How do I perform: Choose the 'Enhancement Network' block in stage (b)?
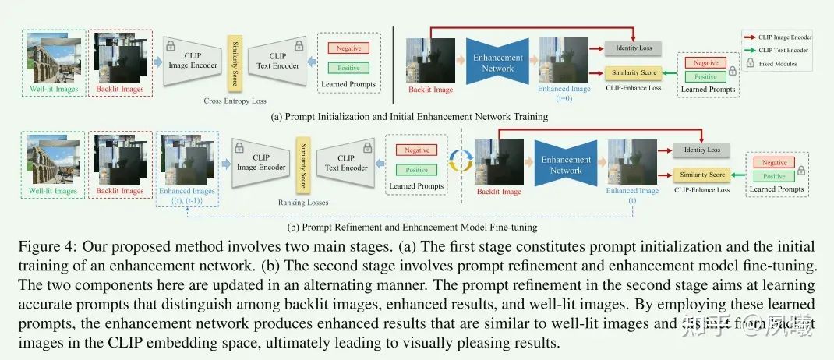(566, 164)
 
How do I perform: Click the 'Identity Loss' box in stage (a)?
(633, 48)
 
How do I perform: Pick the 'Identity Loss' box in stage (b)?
(702, 150)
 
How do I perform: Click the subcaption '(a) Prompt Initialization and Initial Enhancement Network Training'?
(409, 117)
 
